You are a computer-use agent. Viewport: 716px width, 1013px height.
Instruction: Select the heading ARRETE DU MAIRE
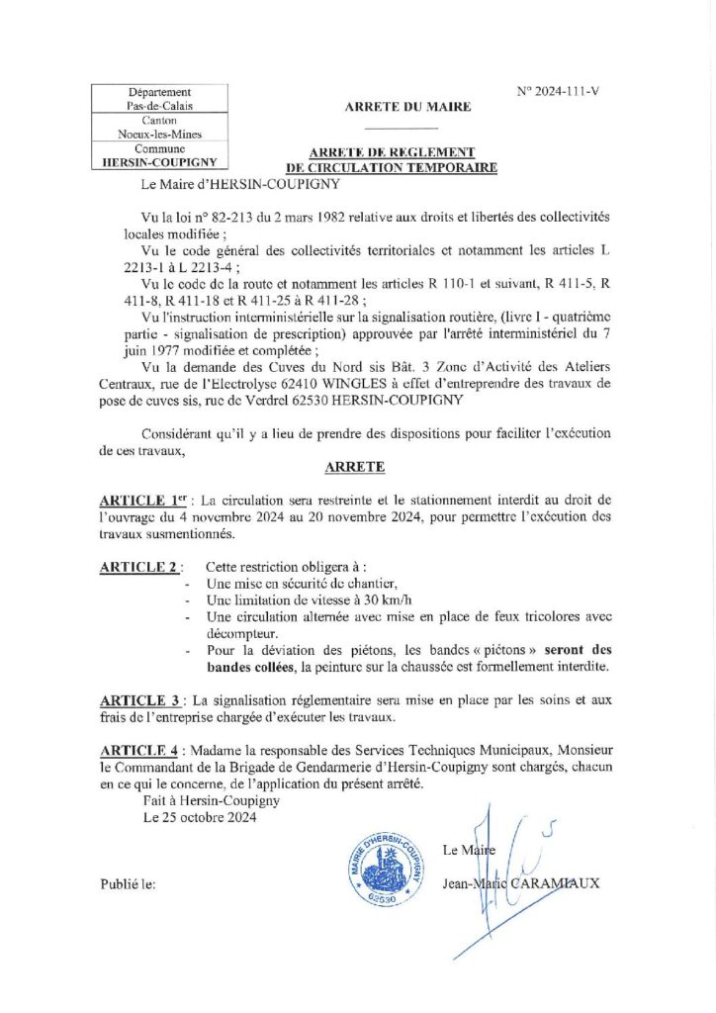(407, 107)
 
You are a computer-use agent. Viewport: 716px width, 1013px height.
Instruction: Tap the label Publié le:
(128, 883)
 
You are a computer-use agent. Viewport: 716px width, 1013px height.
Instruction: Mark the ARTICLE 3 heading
(140, 700)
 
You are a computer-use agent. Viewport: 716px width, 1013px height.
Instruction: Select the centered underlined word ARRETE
(355, 465)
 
